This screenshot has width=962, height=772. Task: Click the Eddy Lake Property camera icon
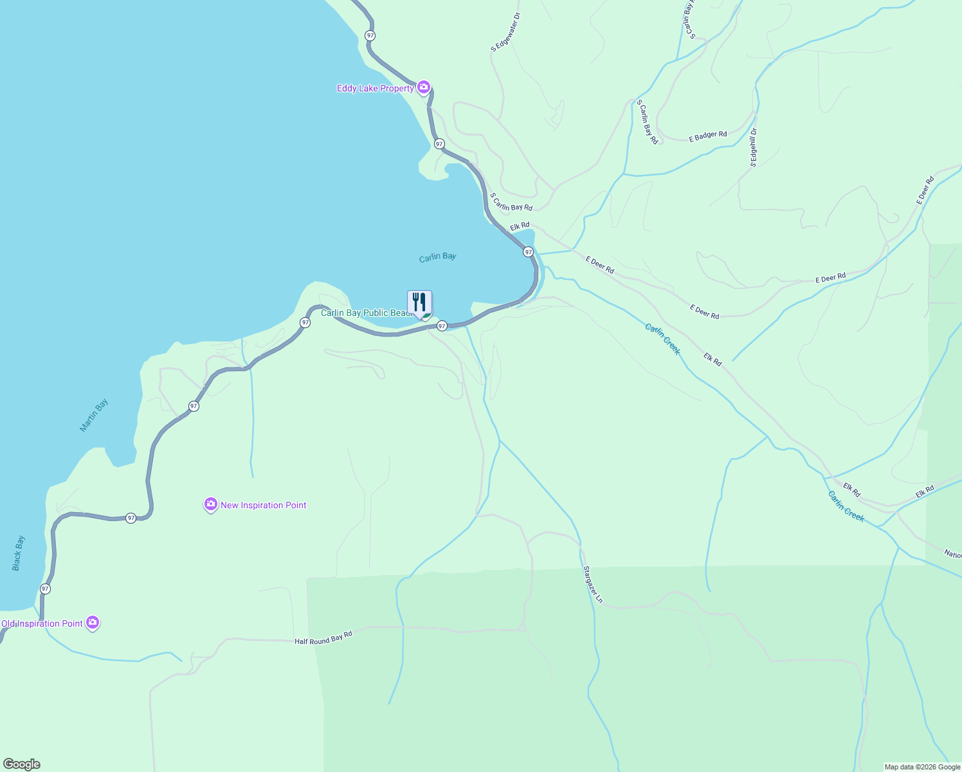pyautogui.click(x=423, y=87)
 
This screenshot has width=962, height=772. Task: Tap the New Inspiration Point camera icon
pyautogui.click(x=210, y=504)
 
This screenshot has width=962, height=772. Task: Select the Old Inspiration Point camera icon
pyautogui.click(x=93, y=622)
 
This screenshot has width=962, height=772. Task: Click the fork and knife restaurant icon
pyautogui.click(x=419, y=302)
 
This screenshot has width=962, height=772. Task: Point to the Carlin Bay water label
pyautogui.click(x=437, y=257)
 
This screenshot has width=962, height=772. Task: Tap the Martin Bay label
pyautogui.click(x=94, y=415)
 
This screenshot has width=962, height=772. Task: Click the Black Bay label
pyautogui.click(x=18, y=553)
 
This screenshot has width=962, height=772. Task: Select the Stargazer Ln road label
pyautogui.click(x=593, y=584)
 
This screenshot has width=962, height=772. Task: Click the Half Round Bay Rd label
pyautogui.click(x=323, y=638)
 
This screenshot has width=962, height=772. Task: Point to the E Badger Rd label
pyautogui.click(x=707, y=136)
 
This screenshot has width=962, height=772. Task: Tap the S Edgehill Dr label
pyautogui.click(x=753, y=147)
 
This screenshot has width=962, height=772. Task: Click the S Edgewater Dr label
pyautogui.click(x=505, y=32)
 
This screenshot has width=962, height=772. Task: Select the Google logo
pyautogui.click(x=22, y=764)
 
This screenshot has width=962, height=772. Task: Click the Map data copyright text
pyautogui.click(x=921, y=767)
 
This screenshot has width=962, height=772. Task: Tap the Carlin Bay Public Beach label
pyautogui.click(x=367, y=313)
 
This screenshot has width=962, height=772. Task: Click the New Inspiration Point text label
pyautogui.click(x=264, y=505)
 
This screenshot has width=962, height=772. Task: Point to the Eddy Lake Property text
pyautogui.click(x=376, y=88)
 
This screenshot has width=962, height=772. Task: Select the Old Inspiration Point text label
pyautogui.click(x=42, y=623)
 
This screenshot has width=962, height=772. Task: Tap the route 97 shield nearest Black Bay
pyautogui.click(x=45, y=589)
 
